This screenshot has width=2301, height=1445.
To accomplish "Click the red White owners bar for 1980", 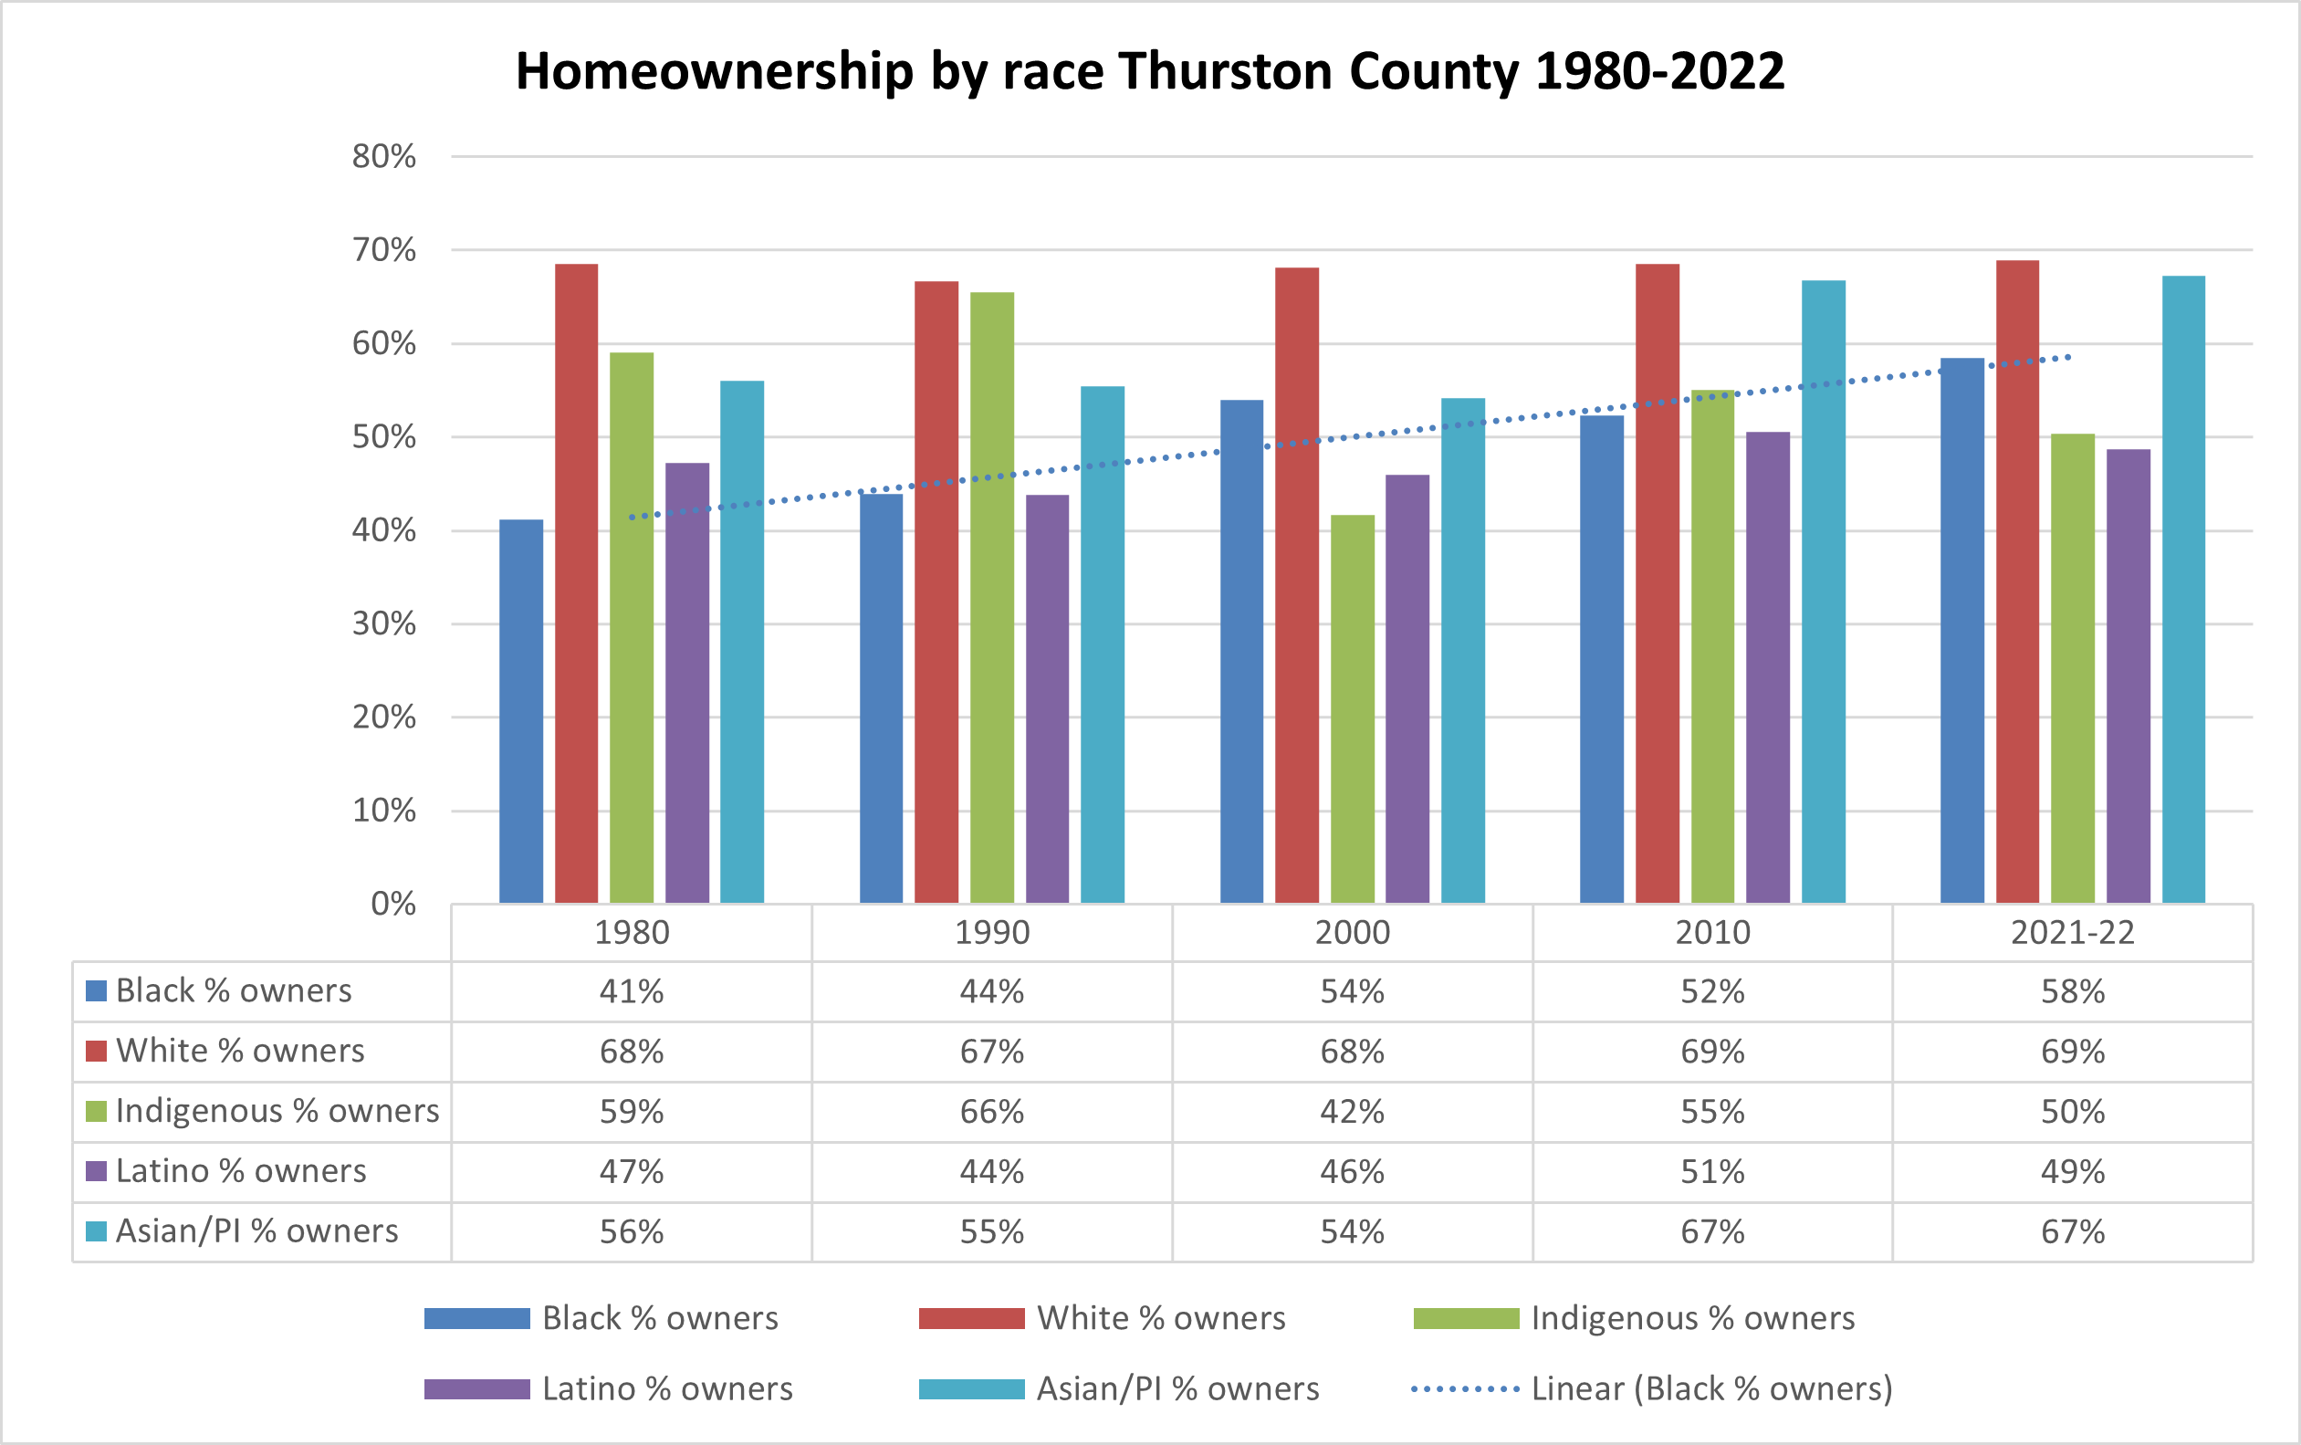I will (x=576, y=583).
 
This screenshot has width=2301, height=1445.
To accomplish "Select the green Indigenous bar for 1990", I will (x=992, y=597).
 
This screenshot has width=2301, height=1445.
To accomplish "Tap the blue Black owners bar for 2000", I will (x=1241, y=651).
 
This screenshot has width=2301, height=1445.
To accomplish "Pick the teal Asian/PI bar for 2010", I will (x=1824, y=592).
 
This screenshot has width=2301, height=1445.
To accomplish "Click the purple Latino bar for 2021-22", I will (x=2128, y=675).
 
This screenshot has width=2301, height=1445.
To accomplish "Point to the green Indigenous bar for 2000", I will (x=1352, y=709).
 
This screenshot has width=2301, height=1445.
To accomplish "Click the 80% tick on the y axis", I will (x=384, y=157).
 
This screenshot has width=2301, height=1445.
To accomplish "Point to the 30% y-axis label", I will (x=384, y=624).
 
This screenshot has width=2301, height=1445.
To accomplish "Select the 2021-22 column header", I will (x=2072, y=933).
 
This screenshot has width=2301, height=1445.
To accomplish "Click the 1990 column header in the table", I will (x=992, y=933).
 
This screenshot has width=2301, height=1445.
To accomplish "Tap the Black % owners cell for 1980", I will (x=632, y=991).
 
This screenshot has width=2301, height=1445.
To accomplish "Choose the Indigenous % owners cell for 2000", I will (x=1352, y=1112).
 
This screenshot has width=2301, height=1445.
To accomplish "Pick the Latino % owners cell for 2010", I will (x=1712, y=1172).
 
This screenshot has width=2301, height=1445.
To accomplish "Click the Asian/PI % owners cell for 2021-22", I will (x=2072, y=1232).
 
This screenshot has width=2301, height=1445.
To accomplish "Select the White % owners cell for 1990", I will (x=992, y=1052).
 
